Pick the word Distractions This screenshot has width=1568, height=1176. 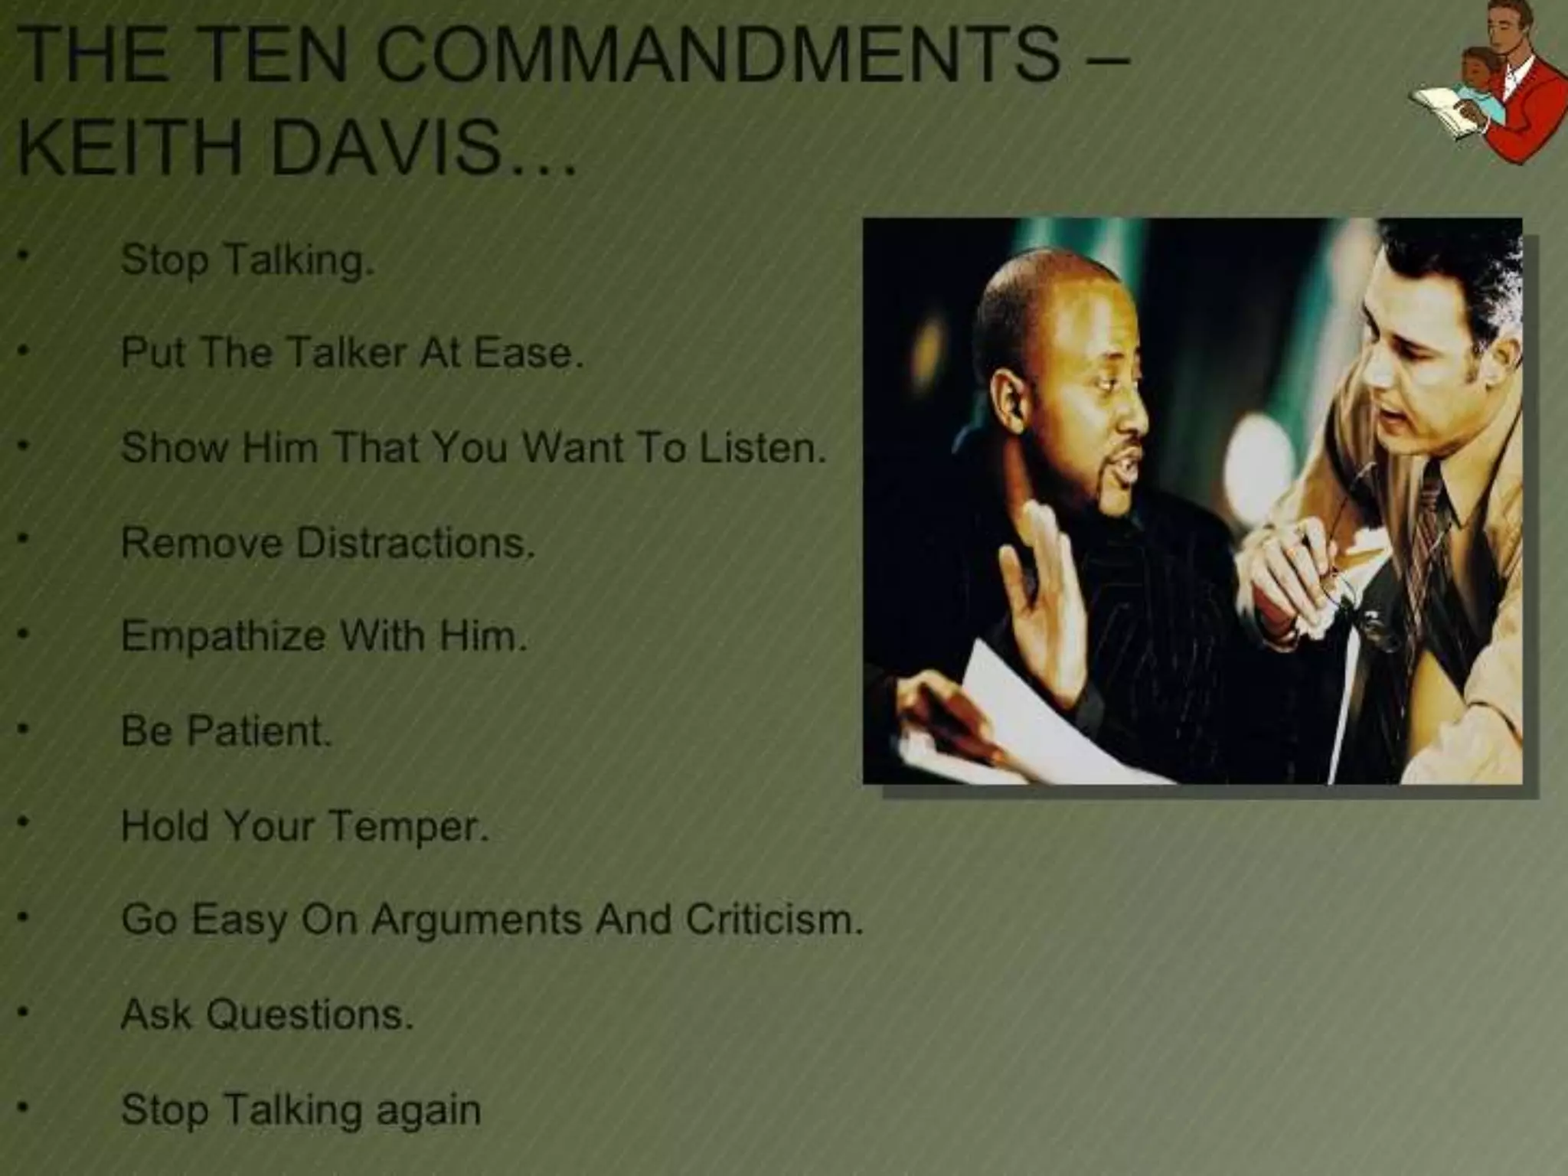pyautogui.click(x=414, y=543)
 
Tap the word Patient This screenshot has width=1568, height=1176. pyautogui.click(x=260, y=730)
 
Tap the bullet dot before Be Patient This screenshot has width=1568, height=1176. pyautogui.click(x=24, y=730)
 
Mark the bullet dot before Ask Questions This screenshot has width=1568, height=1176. pyautogui.click(x=24, y=1014)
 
